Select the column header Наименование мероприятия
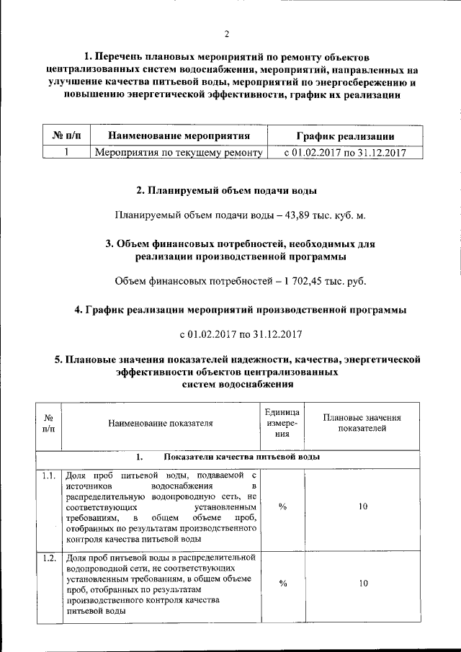point(178,135)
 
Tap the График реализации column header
point(345,135)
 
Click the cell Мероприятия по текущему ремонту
point(178,152)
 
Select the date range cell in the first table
point(345,152)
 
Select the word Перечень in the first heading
point(121,56)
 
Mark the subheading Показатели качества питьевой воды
point(241,457)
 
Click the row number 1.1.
point(48,475)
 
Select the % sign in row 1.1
point(283,506)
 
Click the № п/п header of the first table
point(66,135)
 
